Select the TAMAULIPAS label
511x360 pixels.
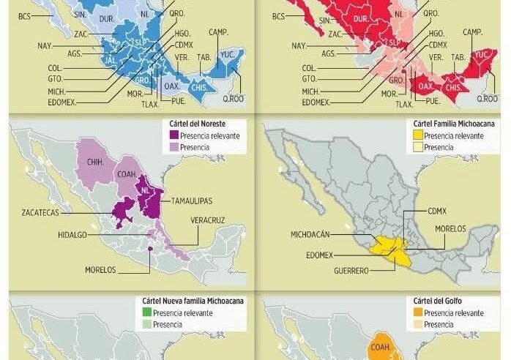coord(193,200)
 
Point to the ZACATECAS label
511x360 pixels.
coord(40,212)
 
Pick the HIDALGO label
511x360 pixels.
coord(75,236)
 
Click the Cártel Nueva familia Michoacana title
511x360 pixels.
coord(193,301)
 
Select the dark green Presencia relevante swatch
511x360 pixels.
coord(147,312)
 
